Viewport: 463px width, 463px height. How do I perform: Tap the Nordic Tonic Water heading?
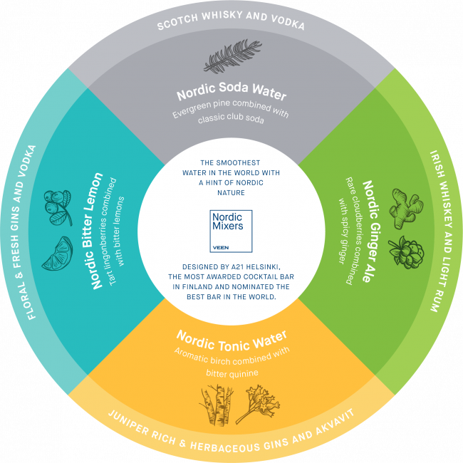coord(232,335)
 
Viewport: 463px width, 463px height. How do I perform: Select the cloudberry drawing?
coord(405,251)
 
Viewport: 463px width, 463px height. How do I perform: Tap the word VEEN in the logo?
coord(221,249)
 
